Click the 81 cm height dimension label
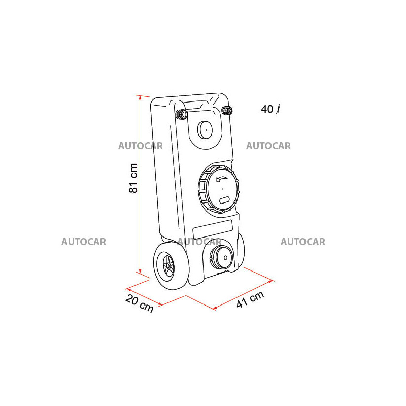(x=133, y=178)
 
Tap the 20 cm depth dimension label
(x=140, y=303)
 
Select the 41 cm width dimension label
(x=250, y=299)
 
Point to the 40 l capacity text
(x=270, y=109)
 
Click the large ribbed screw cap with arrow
(x=218, y=189)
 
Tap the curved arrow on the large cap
(x=221, y=179)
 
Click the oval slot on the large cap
(x=224, y=200)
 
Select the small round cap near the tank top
(x=205, y=129)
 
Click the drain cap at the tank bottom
(x=221, y=258)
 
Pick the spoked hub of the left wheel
(x=168, y=265)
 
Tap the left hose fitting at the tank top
(x=182, y=114)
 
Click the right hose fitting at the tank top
(x=227, y=111)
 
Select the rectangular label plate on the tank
(x=212, y=229)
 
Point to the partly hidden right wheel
(x=241, y=249)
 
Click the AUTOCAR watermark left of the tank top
(x=141, y=146)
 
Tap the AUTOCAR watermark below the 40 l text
(x=268, y=146)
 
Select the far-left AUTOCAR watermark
(x=84, y=242)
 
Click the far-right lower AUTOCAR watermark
(x=303, y=242)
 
